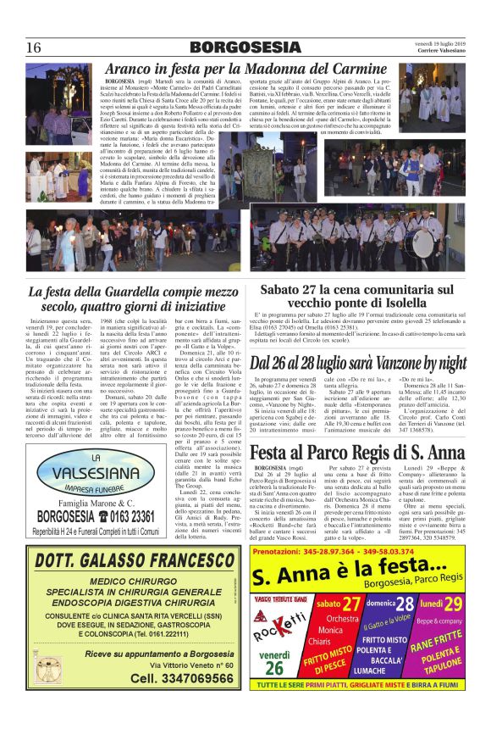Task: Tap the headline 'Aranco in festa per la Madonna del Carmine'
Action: (x=245, y=70)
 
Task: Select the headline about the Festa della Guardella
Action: (x=133, y=300)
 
